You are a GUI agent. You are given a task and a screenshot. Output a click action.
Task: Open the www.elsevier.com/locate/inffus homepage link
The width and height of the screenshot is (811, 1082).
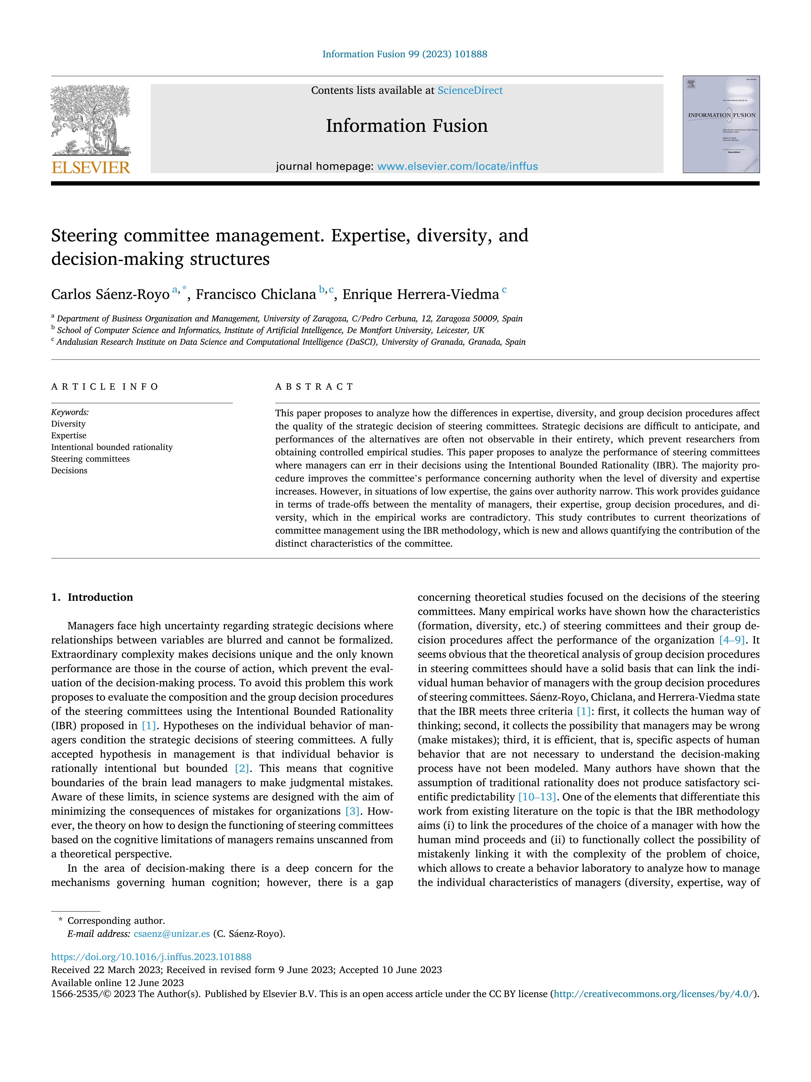(457, 166)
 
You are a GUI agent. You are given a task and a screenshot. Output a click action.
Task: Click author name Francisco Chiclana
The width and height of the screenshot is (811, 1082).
(256, 294)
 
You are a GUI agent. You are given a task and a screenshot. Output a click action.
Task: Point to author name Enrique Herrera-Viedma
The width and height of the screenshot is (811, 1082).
(421, 294)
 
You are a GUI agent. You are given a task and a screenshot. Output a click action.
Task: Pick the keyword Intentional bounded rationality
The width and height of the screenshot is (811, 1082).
(112, 447)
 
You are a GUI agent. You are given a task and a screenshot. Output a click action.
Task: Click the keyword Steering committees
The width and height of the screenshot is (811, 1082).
(91, 459)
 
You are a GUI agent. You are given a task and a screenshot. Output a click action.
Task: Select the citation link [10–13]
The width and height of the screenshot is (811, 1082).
(537, 797)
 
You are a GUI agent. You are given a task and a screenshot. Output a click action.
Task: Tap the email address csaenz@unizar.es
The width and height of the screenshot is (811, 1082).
(172, 933)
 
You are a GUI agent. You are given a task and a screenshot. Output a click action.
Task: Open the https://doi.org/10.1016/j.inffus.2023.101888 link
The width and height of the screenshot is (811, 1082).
(151, 957)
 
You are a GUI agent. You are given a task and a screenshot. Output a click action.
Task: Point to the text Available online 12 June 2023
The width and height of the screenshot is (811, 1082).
(117, 983)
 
